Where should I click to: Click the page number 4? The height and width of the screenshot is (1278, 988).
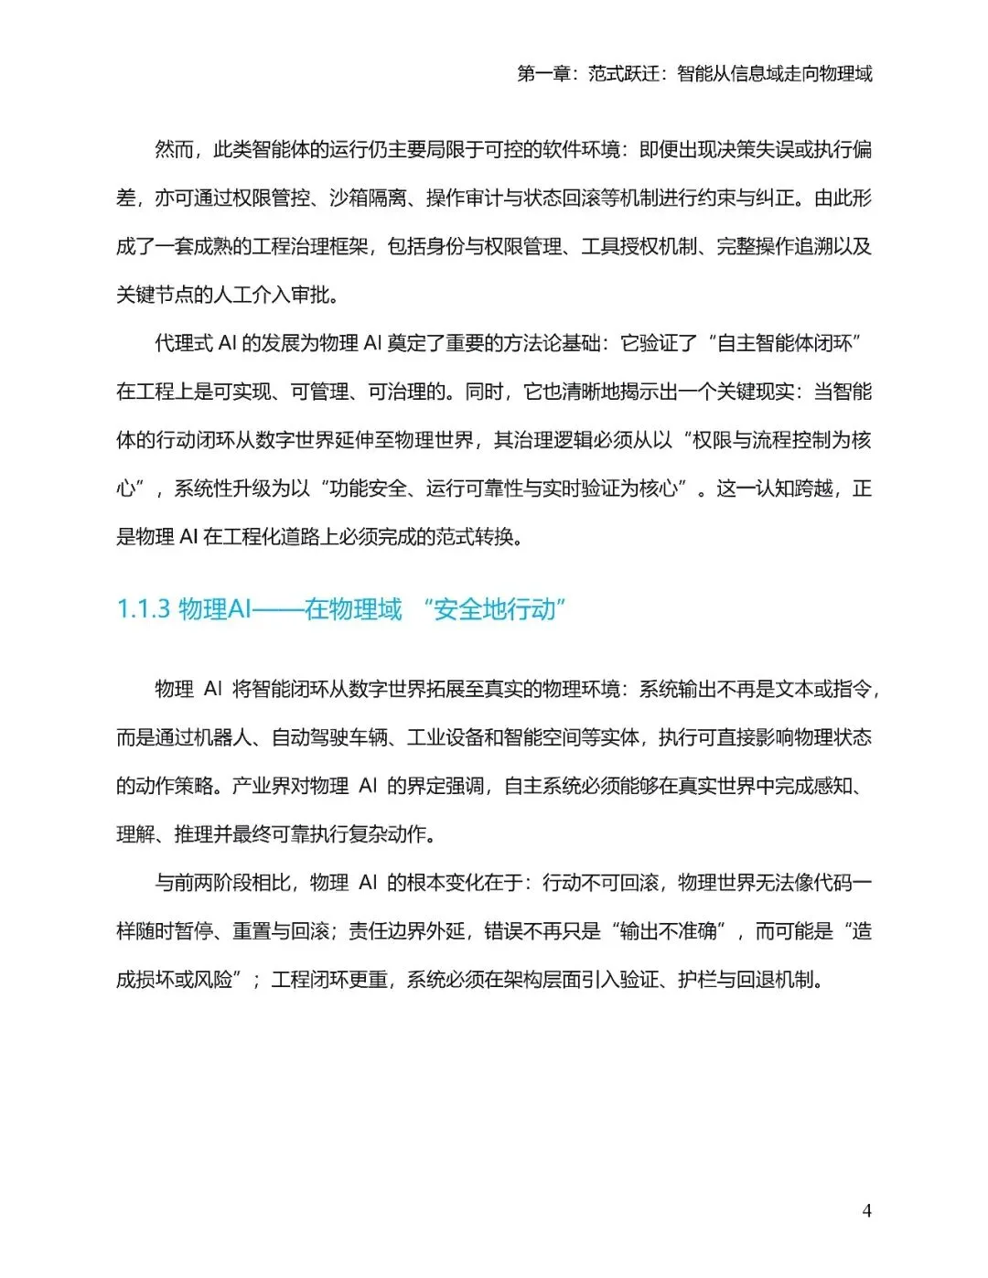(x=866, y=1210)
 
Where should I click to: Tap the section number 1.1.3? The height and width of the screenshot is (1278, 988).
(x=144, y=609)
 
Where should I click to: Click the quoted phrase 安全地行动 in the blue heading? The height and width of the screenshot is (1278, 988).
(x=495, y=609)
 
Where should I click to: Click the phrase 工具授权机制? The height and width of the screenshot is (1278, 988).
(x=639, y=246)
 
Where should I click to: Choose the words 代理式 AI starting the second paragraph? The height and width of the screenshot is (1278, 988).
(x=196, y=343)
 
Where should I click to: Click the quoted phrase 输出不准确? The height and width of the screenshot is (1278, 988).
(x=668, y=931)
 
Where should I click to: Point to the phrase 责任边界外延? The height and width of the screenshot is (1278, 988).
(x=406, y=931)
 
